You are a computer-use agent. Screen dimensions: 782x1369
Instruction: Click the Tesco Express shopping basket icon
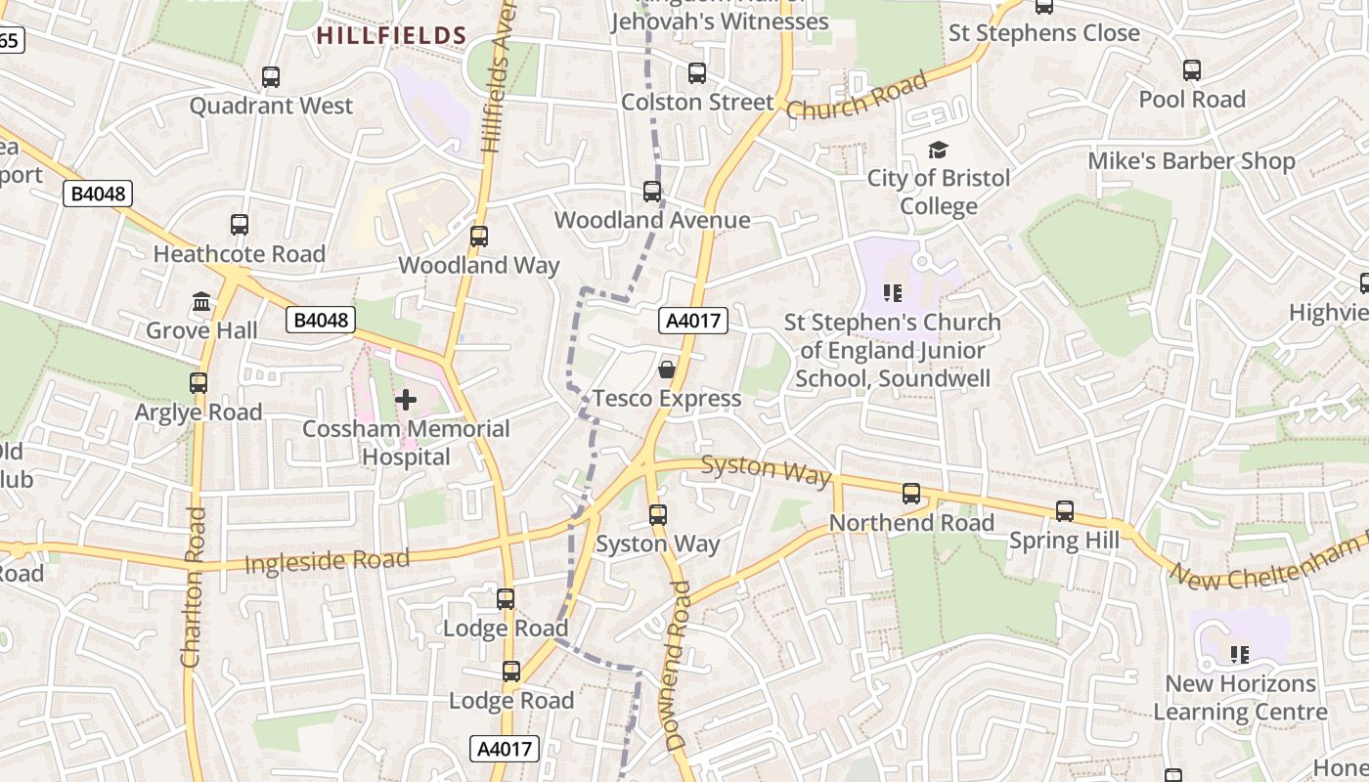click(x=666, y=369)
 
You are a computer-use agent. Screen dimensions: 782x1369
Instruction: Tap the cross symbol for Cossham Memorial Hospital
click(x=405, y=400)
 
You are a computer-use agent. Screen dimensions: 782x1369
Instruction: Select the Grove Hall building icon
click(x=201, y=302)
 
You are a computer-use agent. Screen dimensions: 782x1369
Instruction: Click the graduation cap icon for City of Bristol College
click(x=938, y=150)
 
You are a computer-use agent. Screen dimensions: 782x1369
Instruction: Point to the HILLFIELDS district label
click(x=391, y=36)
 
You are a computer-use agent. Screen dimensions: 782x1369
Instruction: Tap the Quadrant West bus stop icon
click(x=271, y=76)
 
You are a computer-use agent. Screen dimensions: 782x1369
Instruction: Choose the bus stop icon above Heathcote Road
click(x=240, y=225)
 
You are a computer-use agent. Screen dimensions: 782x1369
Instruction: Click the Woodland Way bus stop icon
click(x=478, y=237)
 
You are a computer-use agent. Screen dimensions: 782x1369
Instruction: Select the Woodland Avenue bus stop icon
click(x=651, y=192)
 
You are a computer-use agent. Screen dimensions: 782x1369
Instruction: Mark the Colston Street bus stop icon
click(x=696, y=73)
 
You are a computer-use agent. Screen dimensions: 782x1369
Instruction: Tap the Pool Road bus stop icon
click(x=1191, y=70)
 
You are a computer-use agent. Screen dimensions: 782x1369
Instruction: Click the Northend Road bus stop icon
click(x=911, y=494)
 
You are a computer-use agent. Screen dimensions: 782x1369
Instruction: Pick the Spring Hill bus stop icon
click(x=1064, y=511)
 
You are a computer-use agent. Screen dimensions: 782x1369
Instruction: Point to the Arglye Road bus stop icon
click(x=199, y=383)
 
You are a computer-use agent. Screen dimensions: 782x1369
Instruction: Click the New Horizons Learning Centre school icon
click(x=1240, y=654)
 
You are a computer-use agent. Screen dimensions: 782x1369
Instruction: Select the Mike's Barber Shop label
click(x=1191, y=160)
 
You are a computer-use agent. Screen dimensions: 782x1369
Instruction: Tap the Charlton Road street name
click(x=193, y=586)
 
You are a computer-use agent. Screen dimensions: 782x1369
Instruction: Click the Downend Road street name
click(x=678, y=665)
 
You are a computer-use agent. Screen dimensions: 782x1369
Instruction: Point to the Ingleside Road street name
click(x=327, y=561)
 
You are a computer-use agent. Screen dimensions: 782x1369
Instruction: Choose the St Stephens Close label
click(x=1043, y=33)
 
